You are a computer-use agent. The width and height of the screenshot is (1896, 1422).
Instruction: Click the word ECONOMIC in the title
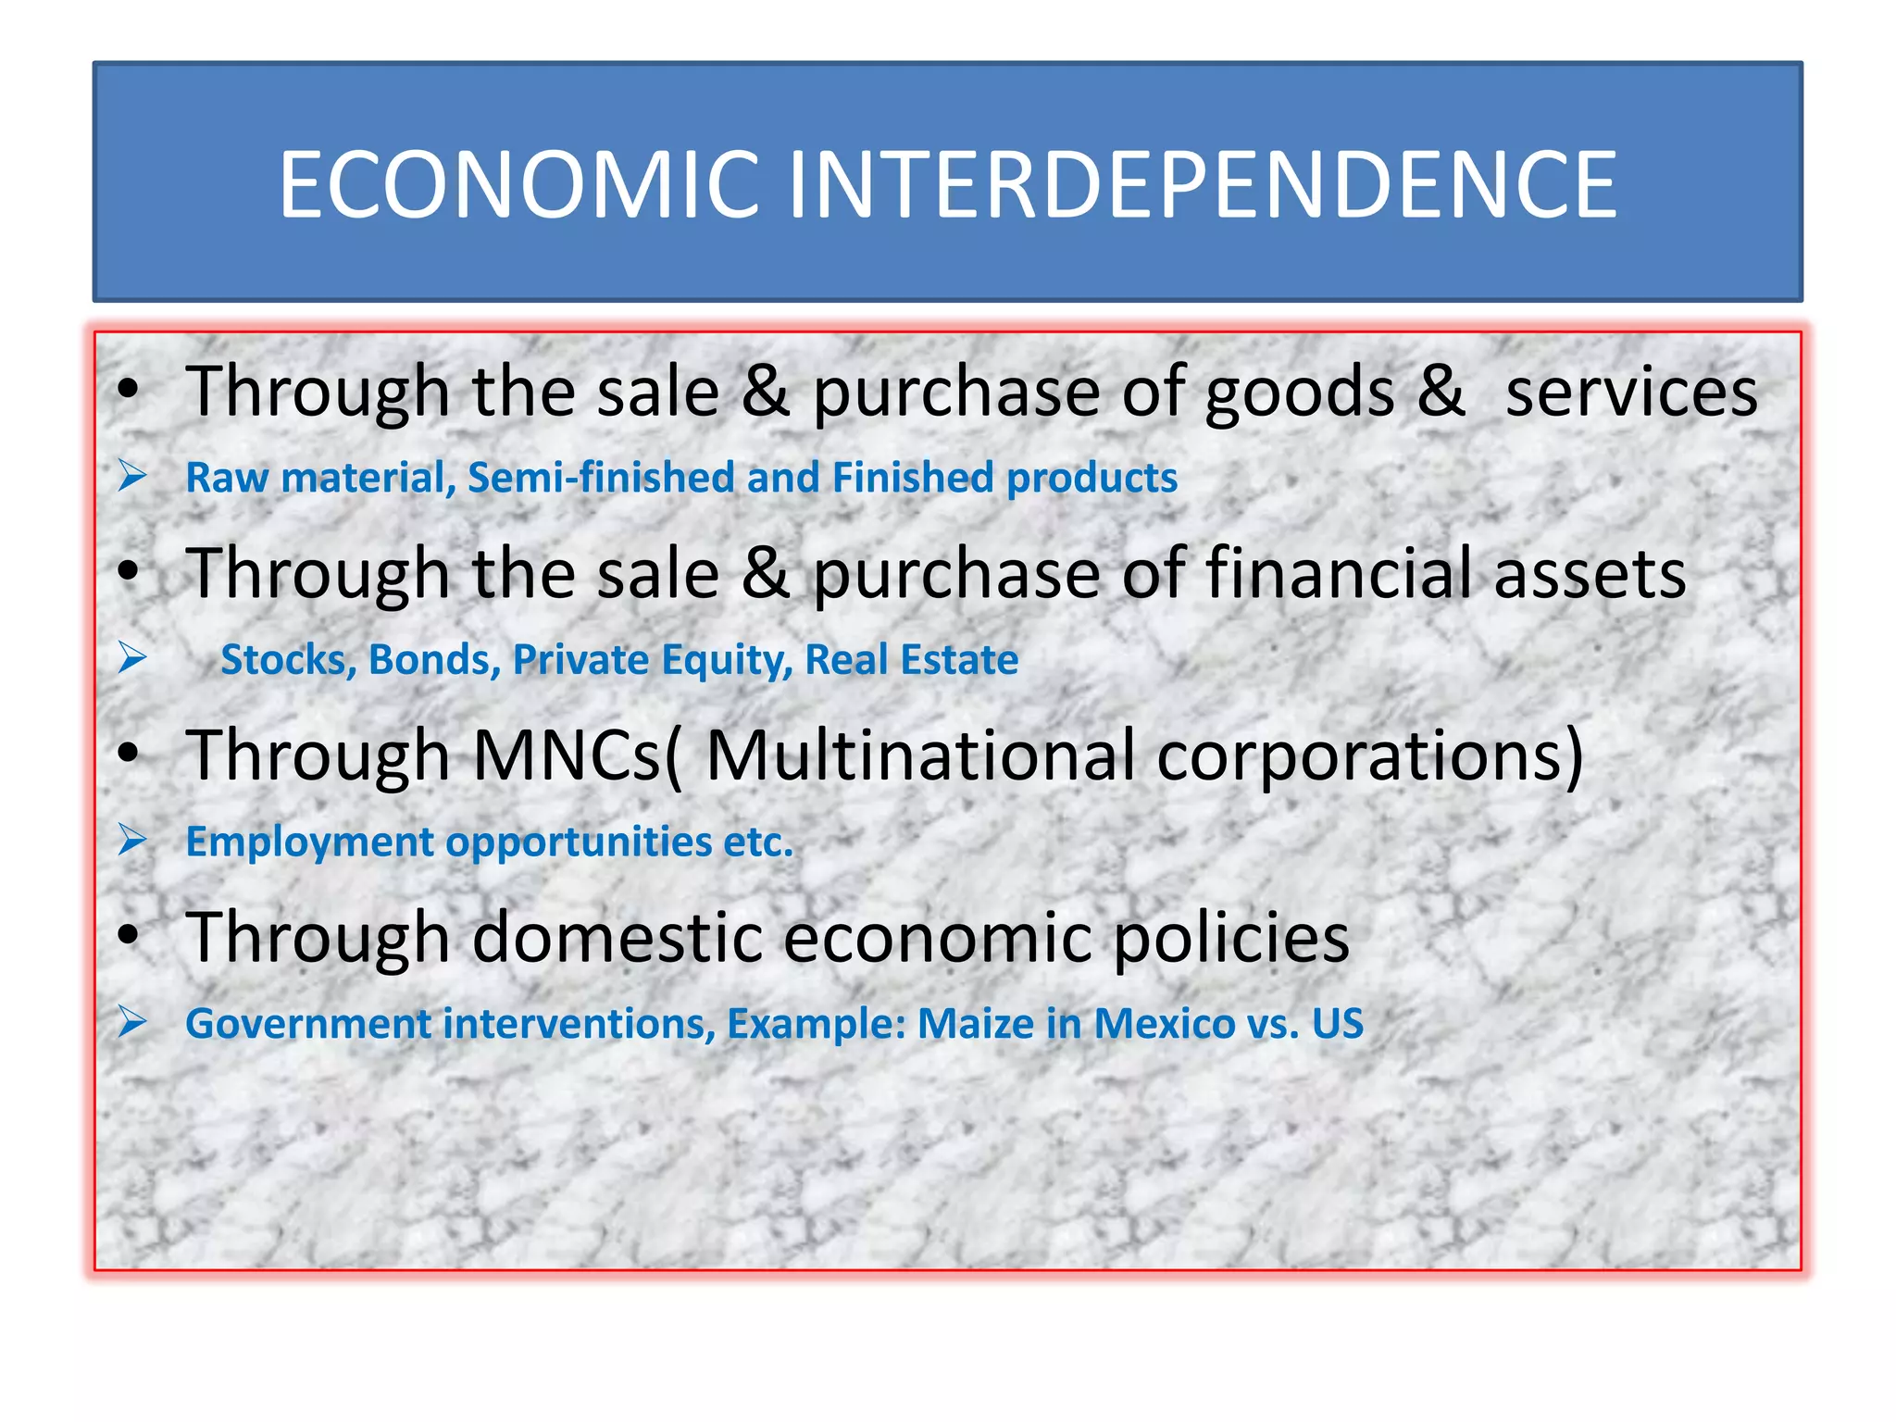pos(519,186)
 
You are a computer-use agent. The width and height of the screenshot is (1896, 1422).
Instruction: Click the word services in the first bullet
pos(1631,392)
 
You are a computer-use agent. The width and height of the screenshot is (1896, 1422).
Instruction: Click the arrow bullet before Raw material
pos(133,477)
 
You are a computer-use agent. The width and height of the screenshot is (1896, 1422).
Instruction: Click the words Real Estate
pos(911,660)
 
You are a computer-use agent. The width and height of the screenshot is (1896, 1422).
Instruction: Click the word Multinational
pos(920,755)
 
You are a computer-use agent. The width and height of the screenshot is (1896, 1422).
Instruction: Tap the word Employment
pos(309,842)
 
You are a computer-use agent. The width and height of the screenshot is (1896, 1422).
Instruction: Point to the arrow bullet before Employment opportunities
pos(133,841)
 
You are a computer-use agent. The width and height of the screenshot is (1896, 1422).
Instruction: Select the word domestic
pos(617,937)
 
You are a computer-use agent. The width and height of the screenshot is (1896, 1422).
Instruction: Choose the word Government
pos(308,1024)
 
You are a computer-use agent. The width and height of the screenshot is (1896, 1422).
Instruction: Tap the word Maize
pos(976,1024)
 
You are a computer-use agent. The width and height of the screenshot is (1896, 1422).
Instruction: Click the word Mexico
pos(1164,1024)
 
